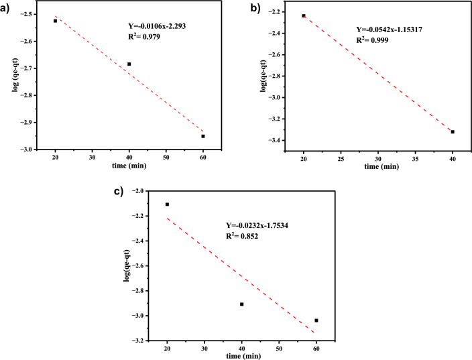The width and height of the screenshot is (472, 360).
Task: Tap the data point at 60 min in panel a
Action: [x=203, y=136]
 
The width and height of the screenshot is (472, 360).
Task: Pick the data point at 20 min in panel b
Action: [x=304, y=15]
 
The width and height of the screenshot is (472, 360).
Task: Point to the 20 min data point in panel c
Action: [x=167, y=204]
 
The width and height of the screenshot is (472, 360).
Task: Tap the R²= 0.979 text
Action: [x=144, y=37]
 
